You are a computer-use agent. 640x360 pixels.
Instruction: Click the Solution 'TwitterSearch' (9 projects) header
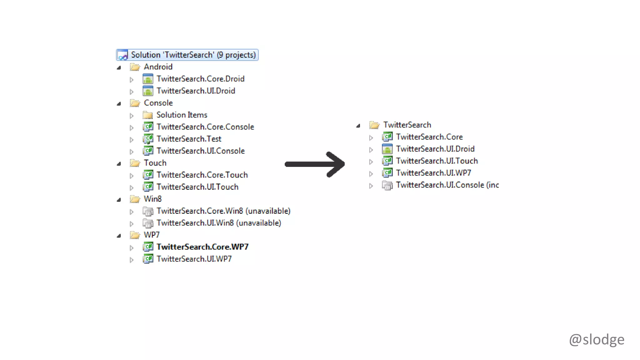pyautogui.click(x=193, y=55)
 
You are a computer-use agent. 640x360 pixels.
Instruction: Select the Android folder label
pyautogui.click(x=158, y=67)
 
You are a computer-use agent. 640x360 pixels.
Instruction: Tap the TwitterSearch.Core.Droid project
pyautogui.click(x=200, y=79)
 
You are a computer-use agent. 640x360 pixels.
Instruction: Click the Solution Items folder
pyautogui.click(x=182, y=115)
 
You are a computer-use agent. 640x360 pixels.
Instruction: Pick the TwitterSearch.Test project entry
pyautogui.click(x=189, y=139)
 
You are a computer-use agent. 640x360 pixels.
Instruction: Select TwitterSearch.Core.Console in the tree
pyautogui.click(x=205, y=127)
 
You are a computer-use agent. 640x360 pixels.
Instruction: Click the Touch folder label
pyautogui.click(x=155, y=163)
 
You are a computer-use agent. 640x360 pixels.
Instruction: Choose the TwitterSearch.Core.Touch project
pyautogui.click(x=202, y=175)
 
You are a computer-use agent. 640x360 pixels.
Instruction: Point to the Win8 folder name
pyautogui.click(x=152, y=199)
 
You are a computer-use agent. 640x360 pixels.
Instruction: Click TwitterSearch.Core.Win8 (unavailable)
pyautogui.click(x=223, y=211)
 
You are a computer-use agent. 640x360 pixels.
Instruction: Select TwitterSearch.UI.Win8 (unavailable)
pyautogui.click(x=219, y=223)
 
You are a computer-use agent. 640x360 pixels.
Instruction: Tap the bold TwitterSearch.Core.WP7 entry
pyautogui.click(x=202, y=247)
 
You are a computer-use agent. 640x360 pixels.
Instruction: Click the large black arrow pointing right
pyautogui.click(x=315, y=164)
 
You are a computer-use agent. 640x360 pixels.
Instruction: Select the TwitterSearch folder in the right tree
pyautogui.click(x=407, y=125)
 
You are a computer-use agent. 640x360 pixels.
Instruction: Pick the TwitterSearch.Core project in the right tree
pyautogui.click(x=429, y=137)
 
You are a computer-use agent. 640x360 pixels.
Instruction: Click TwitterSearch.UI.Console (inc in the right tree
pyautogui.click(x=447, y=185)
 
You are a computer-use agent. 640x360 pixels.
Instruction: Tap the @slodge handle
pyautogui.click(x=596, y=339)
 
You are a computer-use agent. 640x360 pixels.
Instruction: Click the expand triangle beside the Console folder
pyautogui.click(x=119, y=104)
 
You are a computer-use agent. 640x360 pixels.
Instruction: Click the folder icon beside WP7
pyautogui.click(x=135, y=235)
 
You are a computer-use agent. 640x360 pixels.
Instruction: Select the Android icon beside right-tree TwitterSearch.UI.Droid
pyautogui.click(x=387, y=149)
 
